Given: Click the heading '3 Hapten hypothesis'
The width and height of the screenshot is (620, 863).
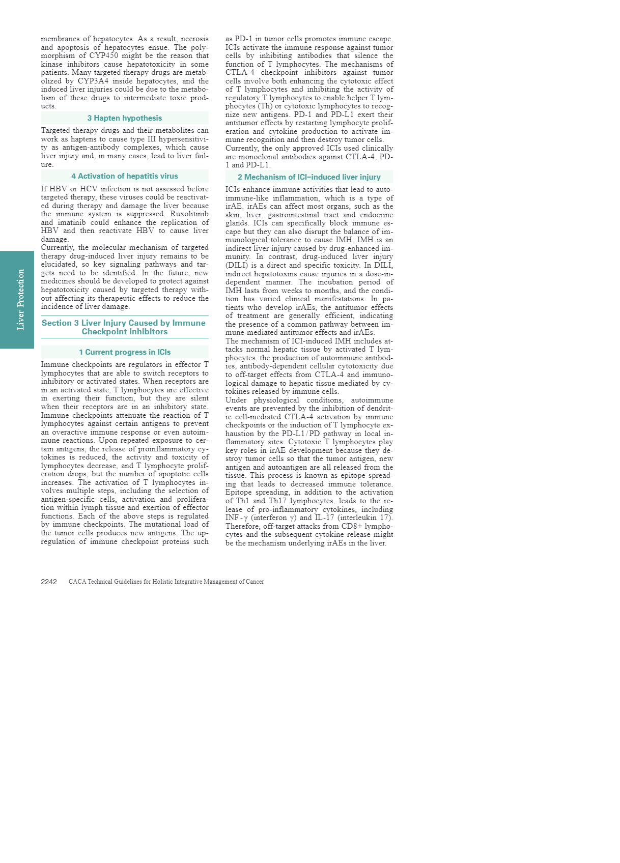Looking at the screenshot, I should pyautogui.click(x=125, y=118).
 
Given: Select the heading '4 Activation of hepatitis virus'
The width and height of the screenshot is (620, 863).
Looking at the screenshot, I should pyautogui.click(x=125, y=176).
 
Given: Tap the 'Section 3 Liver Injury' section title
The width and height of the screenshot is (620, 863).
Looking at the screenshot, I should pyautogui.click(x=124, y=327).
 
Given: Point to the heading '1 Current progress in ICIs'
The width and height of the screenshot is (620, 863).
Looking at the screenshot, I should pyautogui.click(x=125, y=352).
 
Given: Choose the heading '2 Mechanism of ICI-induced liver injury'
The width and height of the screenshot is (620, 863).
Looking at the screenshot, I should pyautogui.click(x=309, y=177).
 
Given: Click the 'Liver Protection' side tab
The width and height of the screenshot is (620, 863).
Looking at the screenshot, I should pyautogui.click(x=20, y=300).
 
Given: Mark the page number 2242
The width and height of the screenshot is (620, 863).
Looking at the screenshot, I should pyautogui.click(x=49, y=582).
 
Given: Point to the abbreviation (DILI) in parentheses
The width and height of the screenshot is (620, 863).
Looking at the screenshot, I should pyautogui.click(x=237, y=265).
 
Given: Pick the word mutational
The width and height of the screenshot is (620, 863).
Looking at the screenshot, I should pyautogui.click(x=162, y=524).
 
